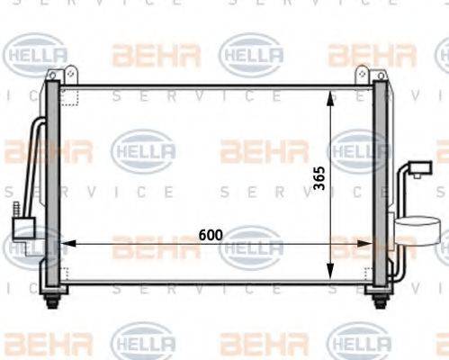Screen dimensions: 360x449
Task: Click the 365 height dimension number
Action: click(319, 183)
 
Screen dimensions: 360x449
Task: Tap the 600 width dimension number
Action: click(211, 235)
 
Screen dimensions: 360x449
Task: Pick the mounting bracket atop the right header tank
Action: click(364, 74)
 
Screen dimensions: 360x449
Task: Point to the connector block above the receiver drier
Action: click(419, 168)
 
